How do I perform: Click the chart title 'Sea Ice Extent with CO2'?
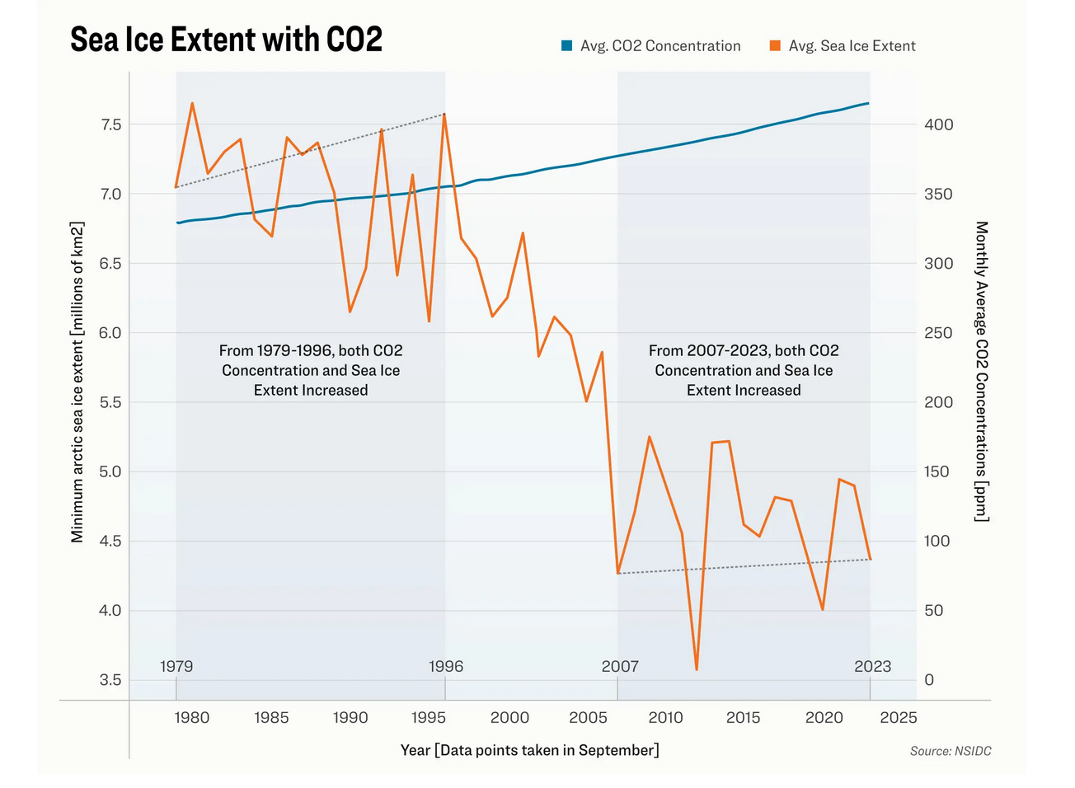226,40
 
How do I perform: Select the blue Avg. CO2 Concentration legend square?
566,46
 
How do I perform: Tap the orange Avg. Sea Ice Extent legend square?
775,46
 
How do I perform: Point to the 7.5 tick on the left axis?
110,124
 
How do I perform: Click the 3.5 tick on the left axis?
110,680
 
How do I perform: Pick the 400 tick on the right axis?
938,124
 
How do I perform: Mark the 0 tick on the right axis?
929,680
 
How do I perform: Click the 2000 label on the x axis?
509,718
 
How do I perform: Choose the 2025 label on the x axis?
898,718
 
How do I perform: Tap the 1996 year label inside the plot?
446,666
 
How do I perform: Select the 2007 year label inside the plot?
620,666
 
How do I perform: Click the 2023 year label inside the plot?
872,666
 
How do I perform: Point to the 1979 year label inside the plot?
176,666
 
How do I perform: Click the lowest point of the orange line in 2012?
697,669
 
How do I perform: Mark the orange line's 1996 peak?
444,115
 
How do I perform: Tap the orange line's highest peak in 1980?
192,103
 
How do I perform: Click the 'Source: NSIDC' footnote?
951,751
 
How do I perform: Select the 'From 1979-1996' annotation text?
311,370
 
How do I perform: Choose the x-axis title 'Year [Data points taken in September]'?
529,750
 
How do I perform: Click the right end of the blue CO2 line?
868,103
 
